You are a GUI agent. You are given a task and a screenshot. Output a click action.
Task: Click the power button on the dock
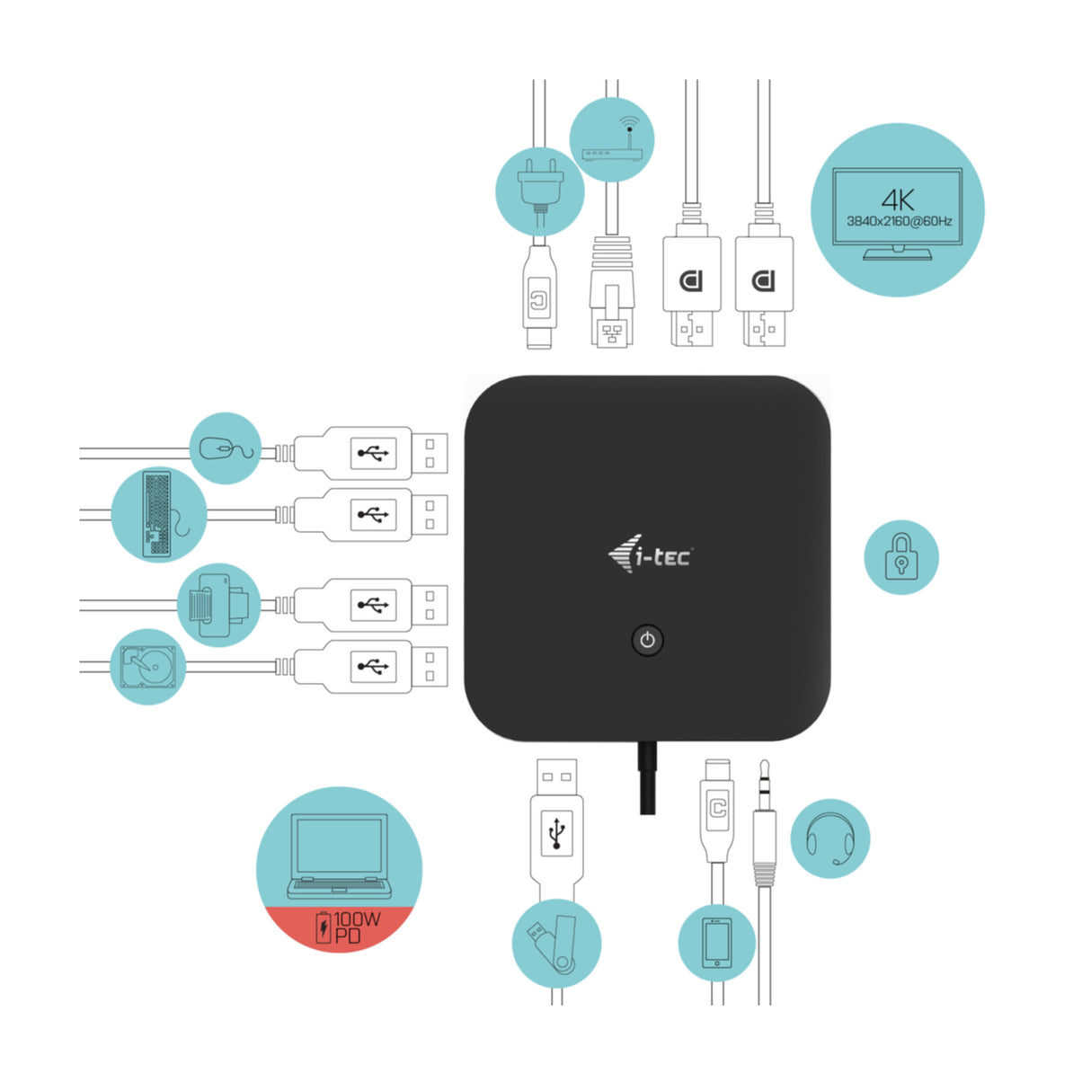[x=647, y=641]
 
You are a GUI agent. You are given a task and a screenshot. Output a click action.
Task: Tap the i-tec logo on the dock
[x=650, y=554]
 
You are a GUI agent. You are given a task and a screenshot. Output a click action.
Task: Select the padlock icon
[x=900, y=557]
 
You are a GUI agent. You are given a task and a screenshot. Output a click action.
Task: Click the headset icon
[x=829, y=838]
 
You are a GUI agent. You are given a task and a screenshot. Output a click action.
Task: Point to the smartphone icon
[x=716, y=943]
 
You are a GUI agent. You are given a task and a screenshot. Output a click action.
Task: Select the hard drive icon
[x=147, y=667]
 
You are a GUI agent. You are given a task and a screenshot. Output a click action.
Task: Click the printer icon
[x=216, y=604]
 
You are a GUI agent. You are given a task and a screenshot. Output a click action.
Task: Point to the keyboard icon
[x=158, y=515]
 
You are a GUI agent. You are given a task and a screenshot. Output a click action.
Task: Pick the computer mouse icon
[x=225, y=448]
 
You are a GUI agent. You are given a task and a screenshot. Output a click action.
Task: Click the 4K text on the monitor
[x=897, y=200]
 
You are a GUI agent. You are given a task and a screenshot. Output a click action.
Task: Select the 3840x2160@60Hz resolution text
[x=898, y=221]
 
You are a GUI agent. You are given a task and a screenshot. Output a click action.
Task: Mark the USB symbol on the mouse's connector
[x=373, y=452]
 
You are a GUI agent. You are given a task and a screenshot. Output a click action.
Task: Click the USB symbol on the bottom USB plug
[x=556, y=832]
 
